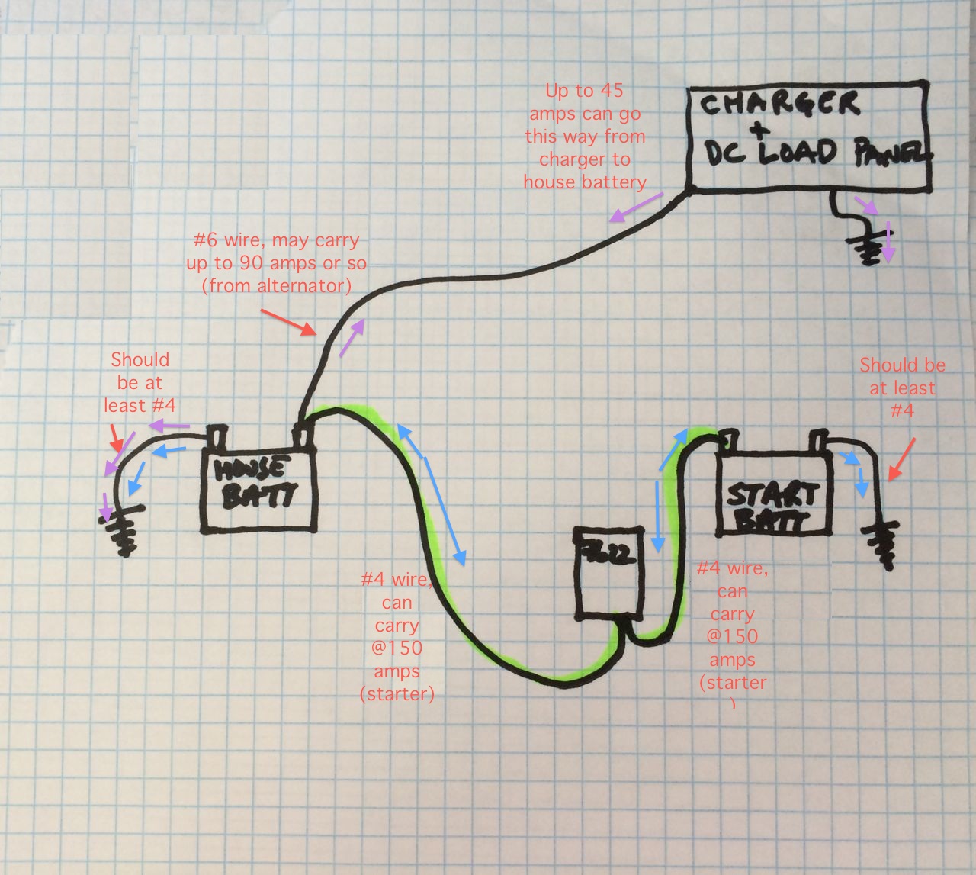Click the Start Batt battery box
click(x=773, y=493)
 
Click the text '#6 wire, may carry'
click(x=277, y=240)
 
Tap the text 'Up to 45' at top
click(x=584, y=91)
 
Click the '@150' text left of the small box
click(x=396, y=648)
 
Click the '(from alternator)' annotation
click(x=277, y=286)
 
